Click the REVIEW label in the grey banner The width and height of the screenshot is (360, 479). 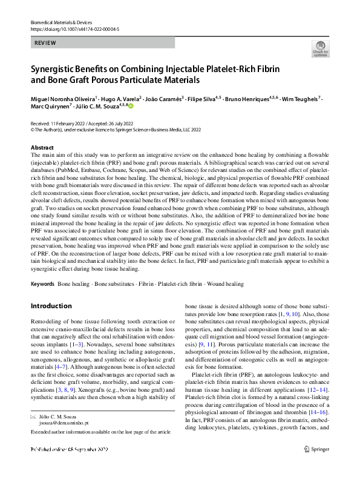tap(46, 43)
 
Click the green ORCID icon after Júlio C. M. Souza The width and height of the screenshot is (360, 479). tap(130, 107)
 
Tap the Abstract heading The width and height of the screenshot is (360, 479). tap(42, 148)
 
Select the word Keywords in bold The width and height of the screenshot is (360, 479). tap(42, 283)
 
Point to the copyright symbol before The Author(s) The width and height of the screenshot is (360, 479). tap(33, 129)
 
